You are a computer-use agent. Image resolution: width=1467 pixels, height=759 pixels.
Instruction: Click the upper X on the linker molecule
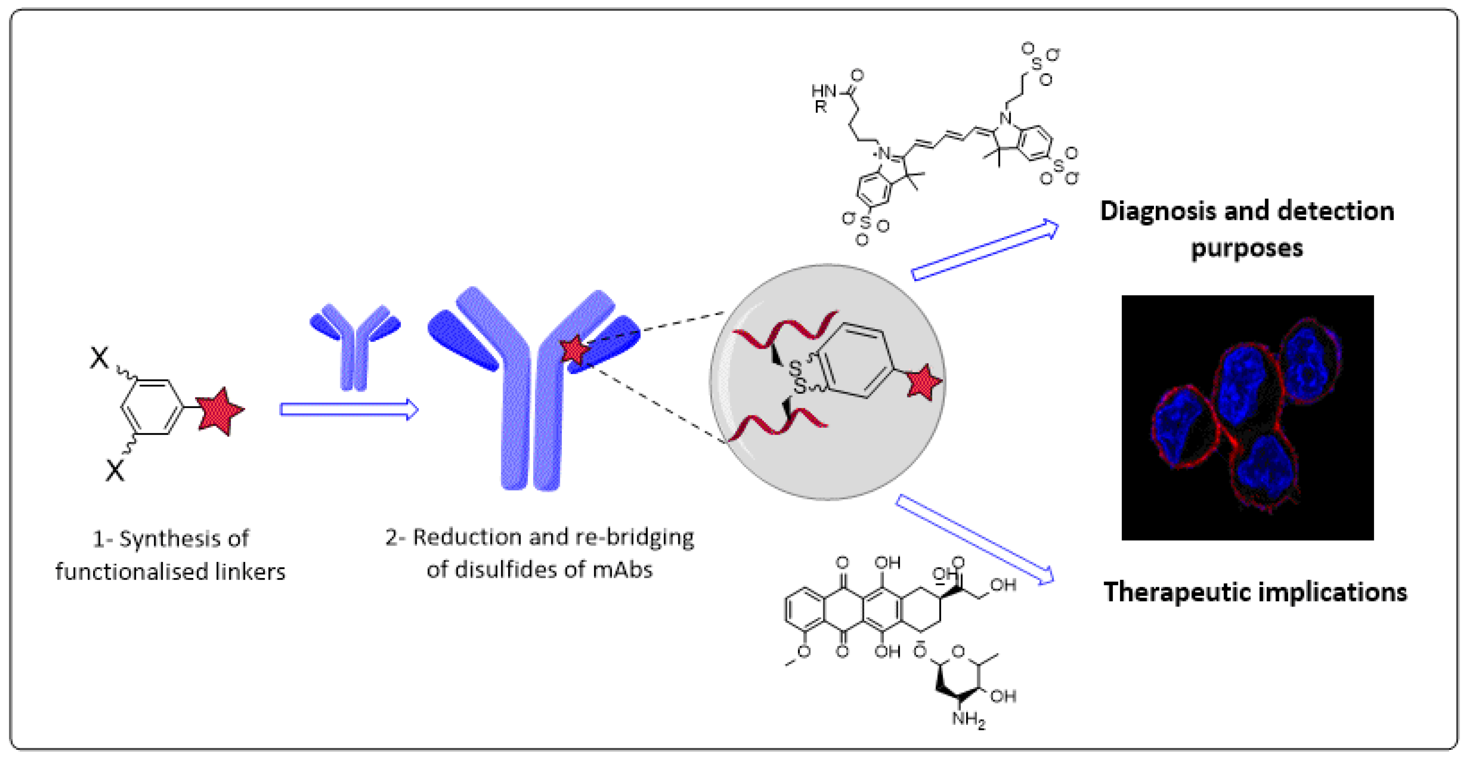point(99,358)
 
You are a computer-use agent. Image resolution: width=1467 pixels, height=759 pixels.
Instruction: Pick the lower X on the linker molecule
point(114,471)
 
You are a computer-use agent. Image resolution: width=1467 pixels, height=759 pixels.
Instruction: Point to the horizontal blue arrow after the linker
point(349,410)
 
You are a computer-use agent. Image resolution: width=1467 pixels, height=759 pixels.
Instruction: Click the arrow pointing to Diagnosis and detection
point(985,250)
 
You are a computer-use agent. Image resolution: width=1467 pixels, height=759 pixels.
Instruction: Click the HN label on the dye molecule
point(823,91)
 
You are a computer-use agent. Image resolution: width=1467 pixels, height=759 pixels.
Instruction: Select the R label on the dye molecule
point(820,107)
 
